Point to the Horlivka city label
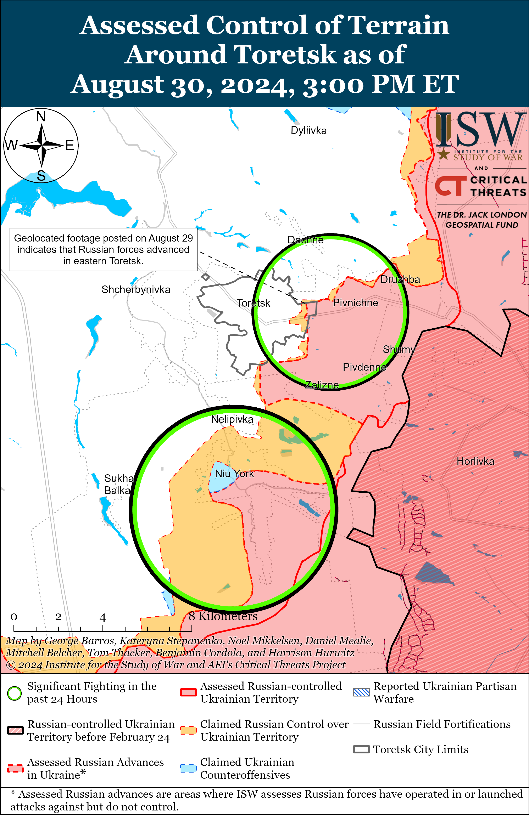pyautogui.click(x=475, y=461)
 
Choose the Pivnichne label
pyautogui.click(x=355, y=303)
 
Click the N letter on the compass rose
pyautogui.click(x=41, y=117)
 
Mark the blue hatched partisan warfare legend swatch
pyautogui.click(x=361, y=693)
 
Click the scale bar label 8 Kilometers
pyautogui.click(x=223, y=616)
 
